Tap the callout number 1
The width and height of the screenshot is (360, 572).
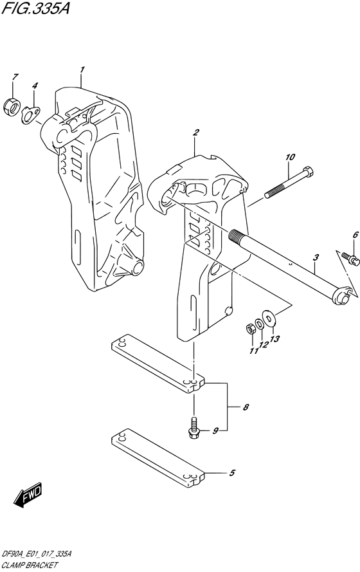point(82,69)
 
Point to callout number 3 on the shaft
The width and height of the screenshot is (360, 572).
point(316,259)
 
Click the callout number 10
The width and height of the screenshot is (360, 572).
point(290,156)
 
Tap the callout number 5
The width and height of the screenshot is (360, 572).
point(233,474)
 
